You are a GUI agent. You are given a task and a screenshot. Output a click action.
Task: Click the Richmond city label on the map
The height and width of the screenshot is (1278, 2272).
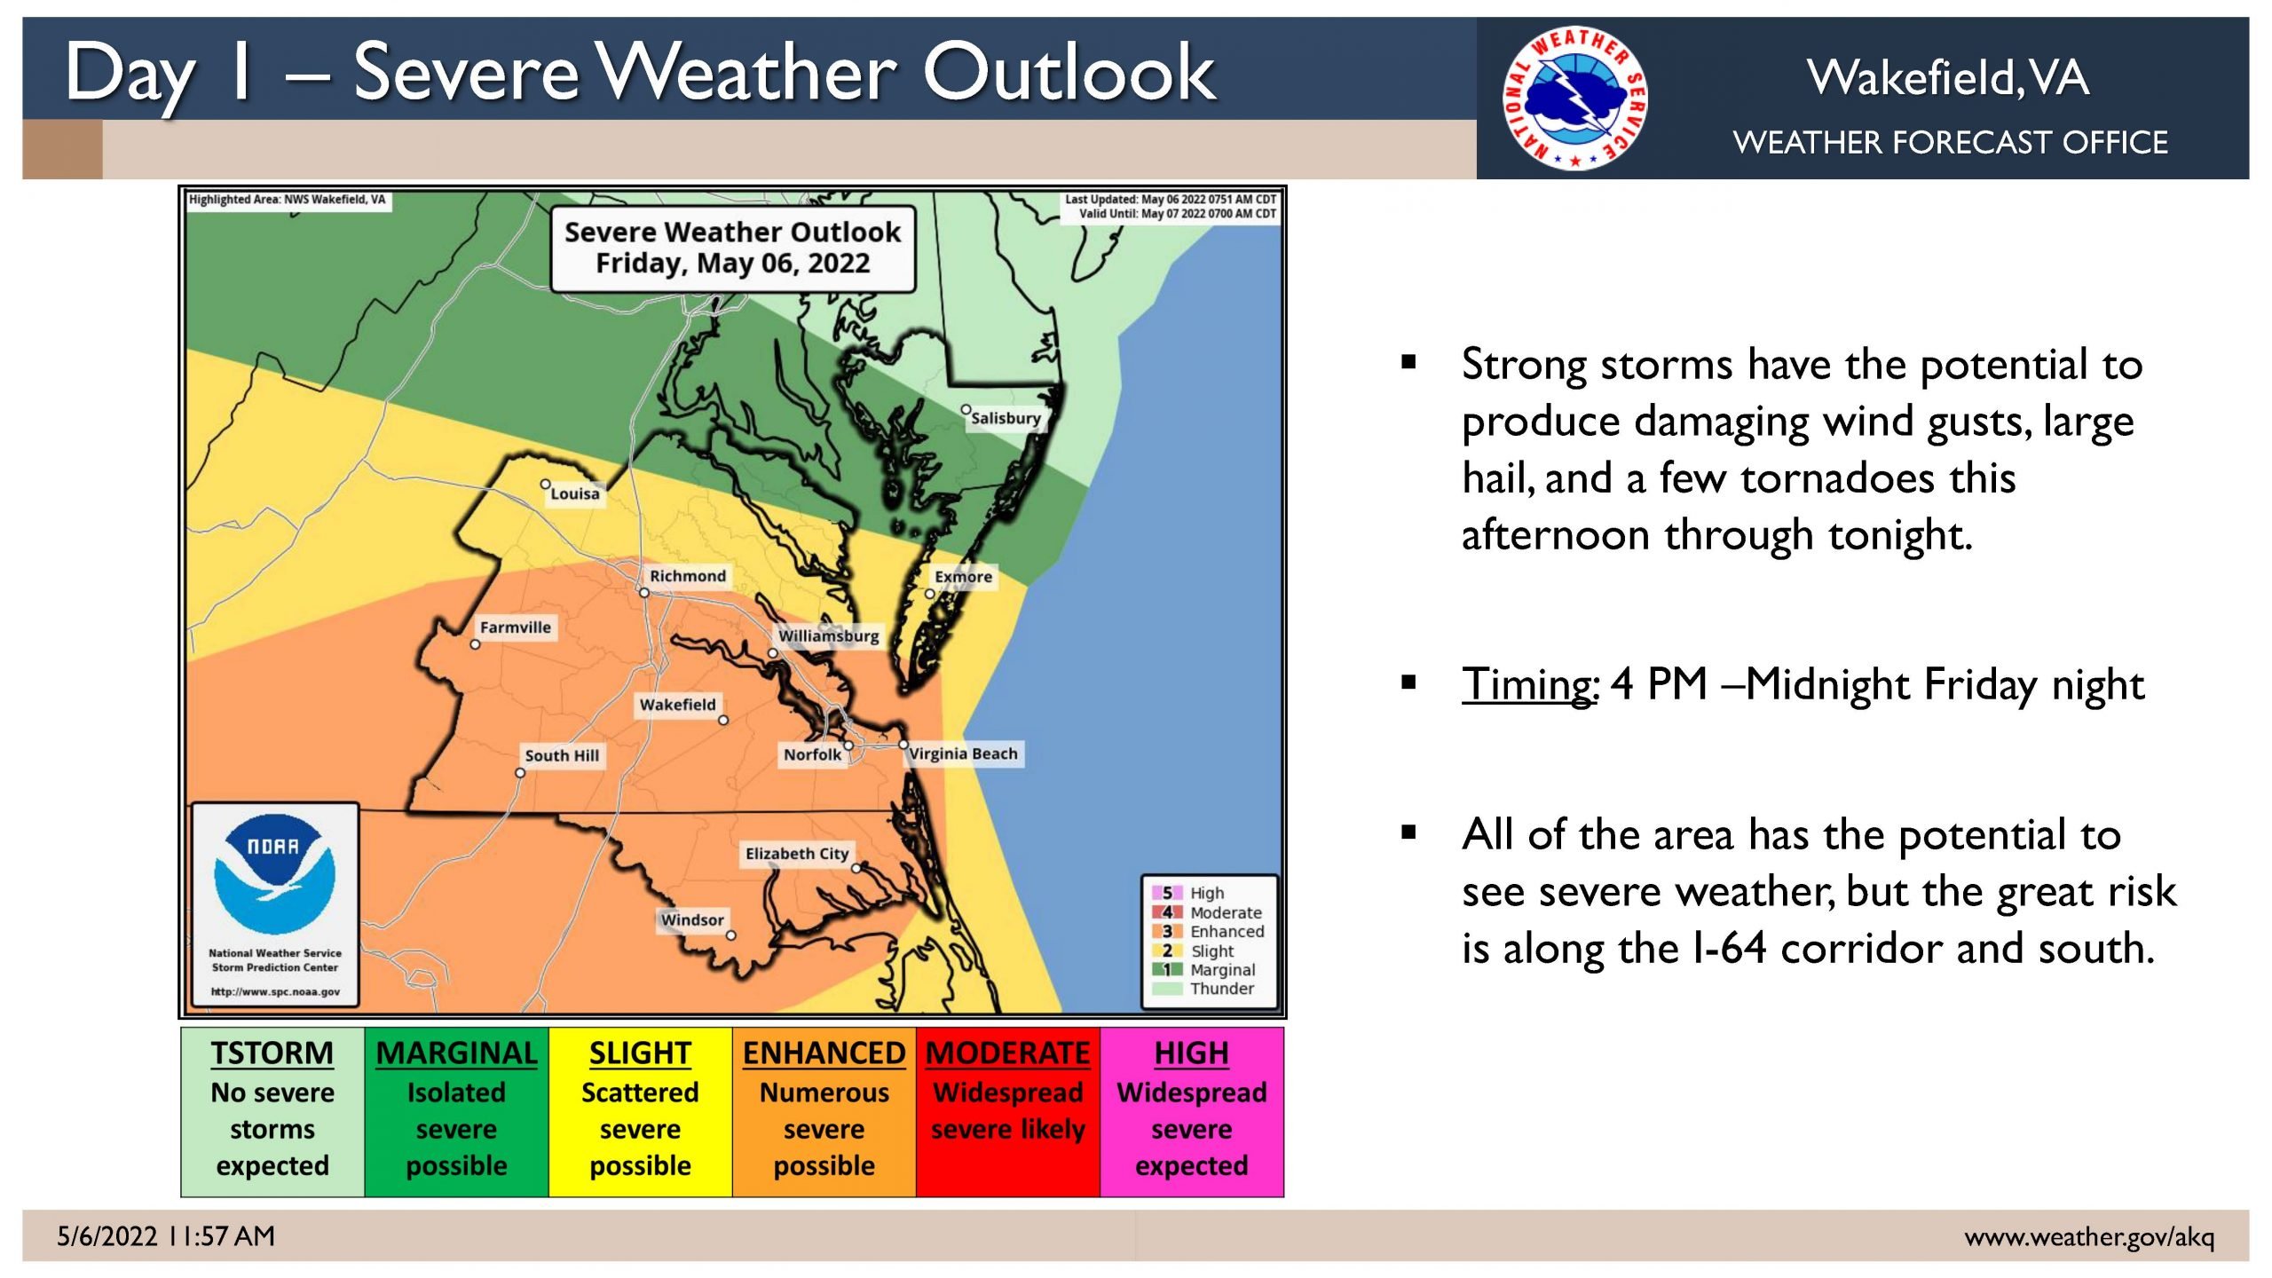click(688, 576)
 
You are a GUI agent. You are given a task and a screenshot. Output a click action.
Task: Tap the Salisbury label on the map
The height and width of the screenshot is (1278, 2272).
click(1006, 418)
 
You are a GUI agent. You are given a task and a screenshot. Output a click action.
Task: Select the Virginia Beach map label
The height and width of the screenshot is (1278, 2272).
click(963, 753)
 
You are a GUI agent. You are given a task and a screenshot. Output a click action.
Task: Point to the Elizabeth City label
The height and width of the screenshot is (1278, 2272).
click(797, 854)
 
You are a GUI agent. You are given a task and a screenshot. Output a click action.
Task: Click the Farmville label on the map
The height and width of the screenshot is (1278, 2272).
click(516, 627)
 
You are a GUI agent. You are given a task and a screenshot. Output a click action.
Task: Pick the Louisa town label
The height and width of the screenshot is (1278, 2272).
click(575, 493)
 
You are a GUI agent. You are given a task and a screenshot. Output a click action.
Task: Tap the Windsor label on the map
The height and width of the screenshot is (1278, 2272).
click(692, 920)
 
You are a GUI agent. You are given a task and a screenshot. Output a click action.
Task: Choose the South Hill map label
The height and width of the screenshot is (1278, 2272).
click(562, 755)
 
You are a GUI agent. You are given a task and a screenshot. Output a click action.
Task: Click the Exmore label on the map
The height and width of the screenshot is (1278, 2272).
click(964, 577)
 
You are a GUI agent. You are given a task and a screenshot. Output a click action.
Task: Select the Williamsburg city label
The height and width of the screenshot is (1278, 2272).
click(829, 636)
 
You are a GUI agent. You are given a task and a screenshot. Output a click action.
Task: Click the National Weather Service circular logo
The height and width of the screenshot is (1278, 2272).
click(1575, 98)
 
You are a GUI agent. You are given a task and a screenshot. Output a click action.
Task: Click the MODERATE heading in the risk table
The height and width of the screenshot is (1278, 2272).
click(1008, 1053)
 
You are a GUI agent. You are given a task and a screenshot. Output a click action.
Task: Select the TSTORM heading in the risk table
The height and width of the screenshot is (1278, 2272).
click(272, 1053)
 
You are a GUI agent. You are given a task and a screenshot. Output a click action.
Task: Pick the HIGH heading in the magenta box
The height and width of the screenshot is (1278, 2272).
click(1192, 1053)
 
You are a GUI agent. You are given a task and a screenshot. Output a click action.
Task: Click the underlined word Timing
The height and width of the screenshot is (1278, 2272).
click(1529, 684)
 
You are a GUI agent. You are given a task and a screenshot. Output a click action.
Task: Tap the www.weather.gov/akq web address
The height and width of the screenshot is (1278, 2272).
click(2090, 1236)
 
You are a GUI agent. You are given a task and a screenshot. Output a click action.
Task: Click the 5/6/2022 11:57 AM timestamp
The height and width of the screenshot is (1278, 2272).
click(166, 1236)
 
